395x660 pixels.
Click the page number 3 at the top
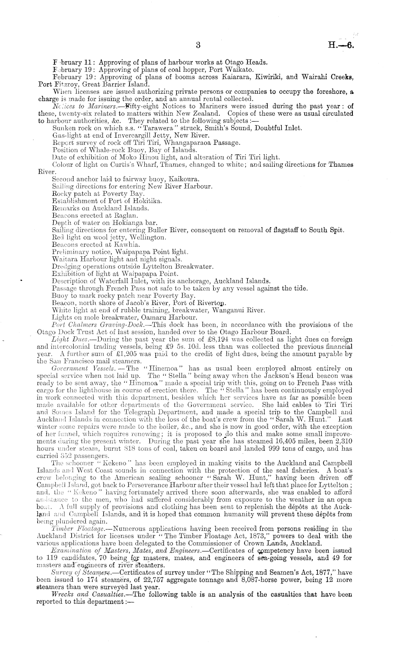(198, 45)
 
